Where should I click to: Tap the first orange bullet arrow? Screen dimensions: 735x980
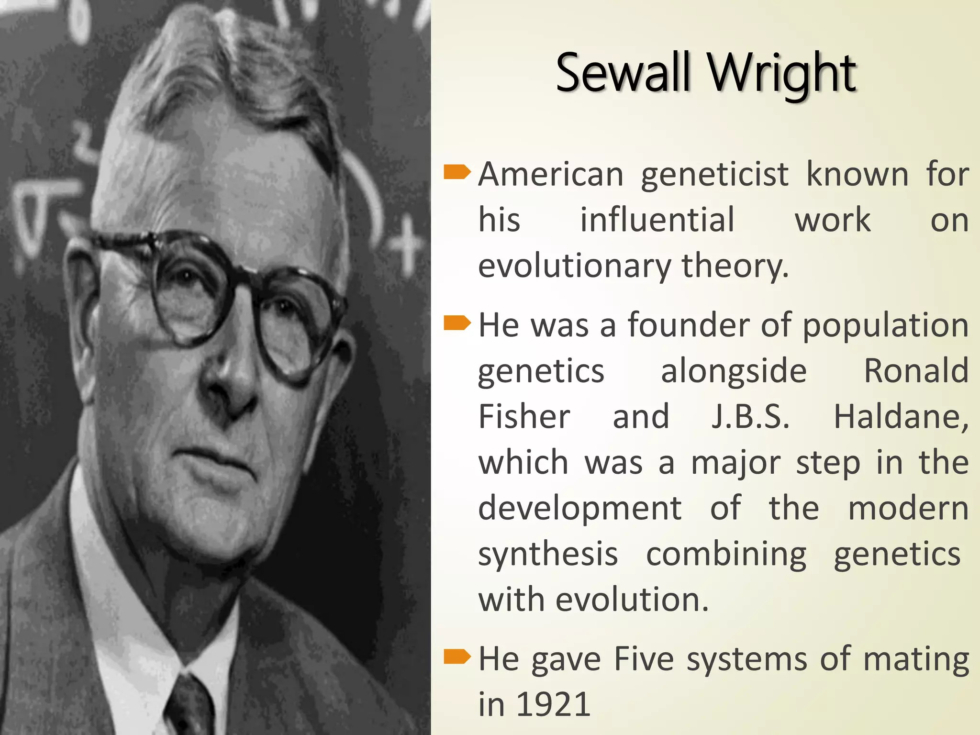[457, 172]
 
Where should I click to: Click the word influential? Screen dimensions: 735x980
[657, 220]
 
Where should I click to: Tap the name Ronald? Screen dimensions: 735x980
[916, 371]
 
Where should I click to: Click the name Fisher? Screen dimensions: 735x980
[524, 416]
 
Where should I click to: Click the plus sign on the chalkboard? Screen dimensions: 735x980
[407, 246]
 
